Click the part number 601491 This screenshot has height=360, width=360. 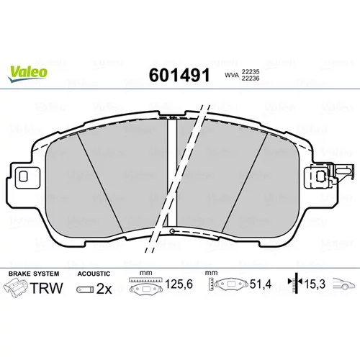click(x=179, y=75)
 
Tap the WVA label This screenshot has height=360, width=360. click(x=232, y=75)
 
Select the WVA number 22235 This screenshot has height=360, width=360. click(x=251, y=71)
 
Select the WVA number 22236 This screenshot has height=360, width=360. click(x=251, y=78)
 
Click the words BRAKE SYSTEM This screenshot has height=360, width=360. click(x=34, y=274)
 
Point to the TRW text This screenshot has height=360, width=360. click(x=47, y=288)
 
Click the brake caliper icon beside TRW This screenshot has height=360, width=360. click(x=16, y=288)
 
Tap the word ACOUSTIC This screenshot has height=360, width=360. click(x=94, y=274)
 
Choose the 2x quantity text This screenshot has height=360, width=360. click(x=104, y=289)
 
